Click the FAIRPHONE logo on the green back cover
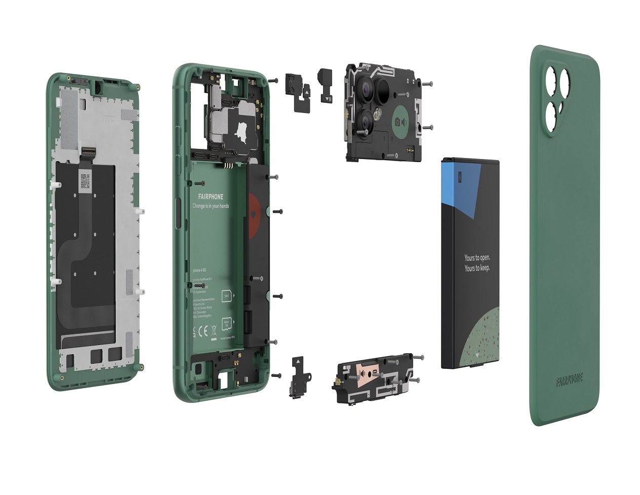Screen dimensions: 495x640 pos(569,378)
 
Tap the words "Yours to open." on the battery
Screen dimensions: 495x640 pos(477,258)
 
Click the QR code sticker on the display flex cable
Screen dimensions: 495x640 pos(84,180)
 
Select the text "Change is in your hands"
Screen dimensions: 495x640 pos(211,206)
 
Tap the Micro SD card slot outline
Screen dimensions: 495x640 pos(227,323)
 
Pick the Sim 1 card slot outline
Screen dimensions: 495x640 pos(226,295)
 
